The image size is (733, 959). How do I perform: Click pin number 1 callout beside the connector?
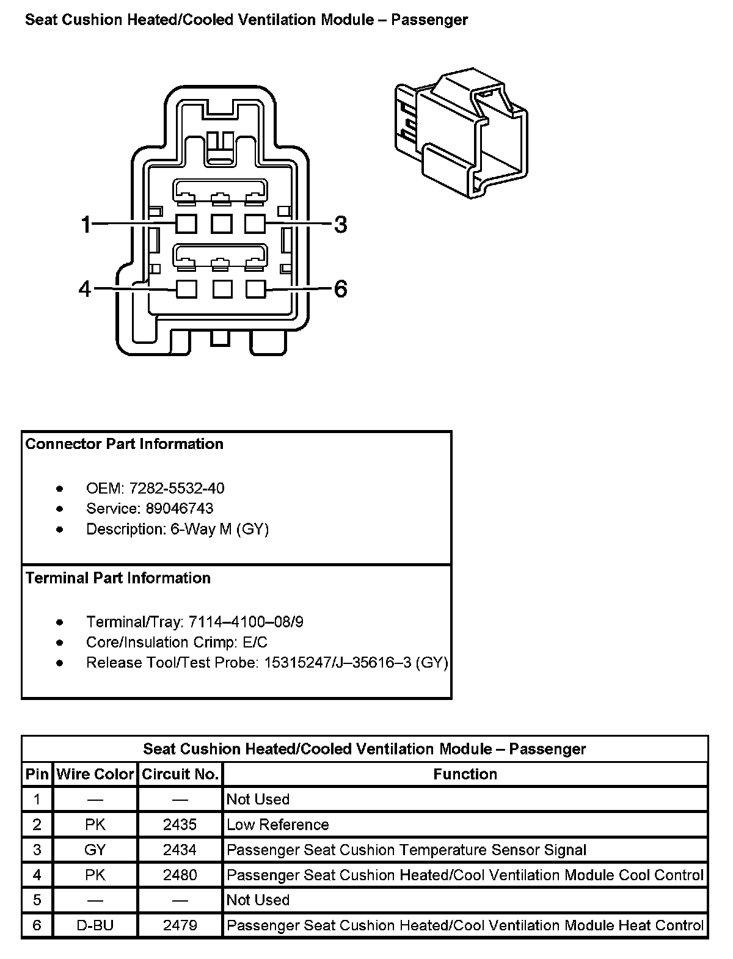click(x=86, y=225)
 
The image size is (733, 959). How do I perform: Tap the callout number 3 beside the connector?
click(x=341, y=225)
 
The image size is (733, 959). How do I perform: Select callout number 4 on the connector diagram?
click(x=85, y=288)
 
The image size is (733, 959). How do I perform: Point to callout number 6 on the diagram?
click(x=341, y=288)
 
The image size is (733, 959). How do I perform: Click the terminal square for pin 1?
click(x=186, y=224)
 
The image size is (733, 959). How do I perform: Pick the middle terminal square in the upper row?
click(x=221, y=224)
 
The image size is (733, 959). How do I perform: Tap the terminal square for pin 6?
click(x=256, y=288)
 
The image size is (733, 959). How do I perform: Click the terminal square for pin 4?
click(x=186, y=288)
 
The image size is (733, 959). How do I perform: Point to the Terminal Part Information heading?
click(x=118, y=578)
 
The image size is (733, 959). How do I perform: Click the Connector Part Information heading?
click(x=125, y=444)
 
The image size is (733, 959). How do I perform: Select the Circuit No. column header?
click(x=180, y=775)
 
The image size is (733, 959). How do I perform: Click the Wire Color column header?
click(x=95, y=775)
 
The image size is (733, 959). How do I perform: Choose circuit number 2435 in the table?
click(x=180, y=825)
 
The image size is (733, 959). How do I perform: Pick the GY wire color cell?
click(x=95, y=850)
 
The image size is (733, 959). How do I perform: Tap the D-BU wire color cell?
click(x=95, y=925)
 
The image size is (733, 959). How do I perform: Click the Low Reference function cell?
click(x=278, y=825)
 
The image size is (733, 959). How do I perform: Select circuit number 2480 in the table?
click(x=180, y=875)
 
